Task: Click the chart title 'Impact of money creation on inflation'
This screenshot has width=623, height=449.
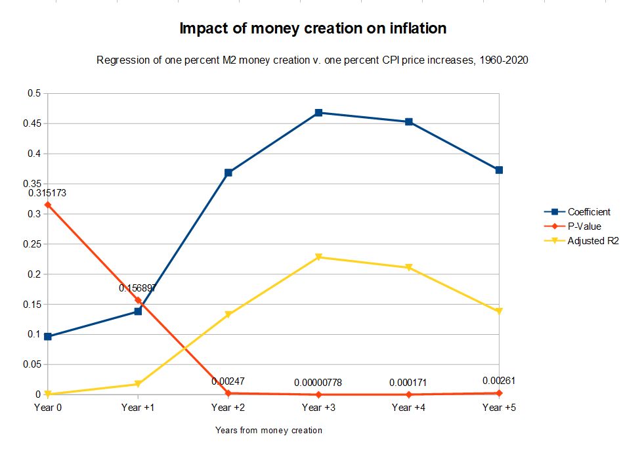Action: [x=312, y=29]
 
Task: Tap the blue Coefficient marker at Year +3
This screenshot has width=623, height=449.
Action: [x=318, y=113]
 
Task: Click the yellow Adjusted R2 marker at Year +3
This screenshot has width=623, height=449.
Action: [x=318, y=257]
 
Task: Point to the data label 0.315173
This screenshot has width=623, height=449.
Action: [x=47, y=193]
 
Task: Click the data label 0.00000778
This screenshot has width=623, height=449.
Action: [x=318, y=382]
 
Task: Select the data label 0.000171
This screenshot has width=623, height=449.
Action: [x=408, y=382]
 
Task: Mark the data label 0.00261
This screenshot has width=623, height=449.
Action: [x=499, y=381]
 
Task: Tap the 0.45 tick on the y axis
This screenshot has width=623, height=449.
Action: [x=33, y=123]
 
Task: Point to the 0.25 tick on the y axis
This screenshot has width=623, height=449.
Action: [x=33, y=244]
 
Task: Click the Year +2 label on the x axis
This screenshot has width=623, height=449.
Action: [x=228, y=408]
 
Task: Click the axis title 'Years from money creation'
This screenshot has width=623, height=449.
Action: [x=269, y=431]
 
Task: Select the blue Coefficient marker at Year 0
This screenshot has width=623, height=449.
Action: [x=47, y=337]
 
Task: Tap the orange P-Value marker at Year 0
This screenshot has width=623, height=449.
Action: [x=47, y=205]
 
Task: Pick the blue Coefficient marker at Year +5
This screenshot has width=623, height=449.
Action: [x=499, y=170]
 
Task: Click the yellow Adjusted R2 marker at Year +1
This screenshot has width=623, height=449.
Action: [x=138, y=384]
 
